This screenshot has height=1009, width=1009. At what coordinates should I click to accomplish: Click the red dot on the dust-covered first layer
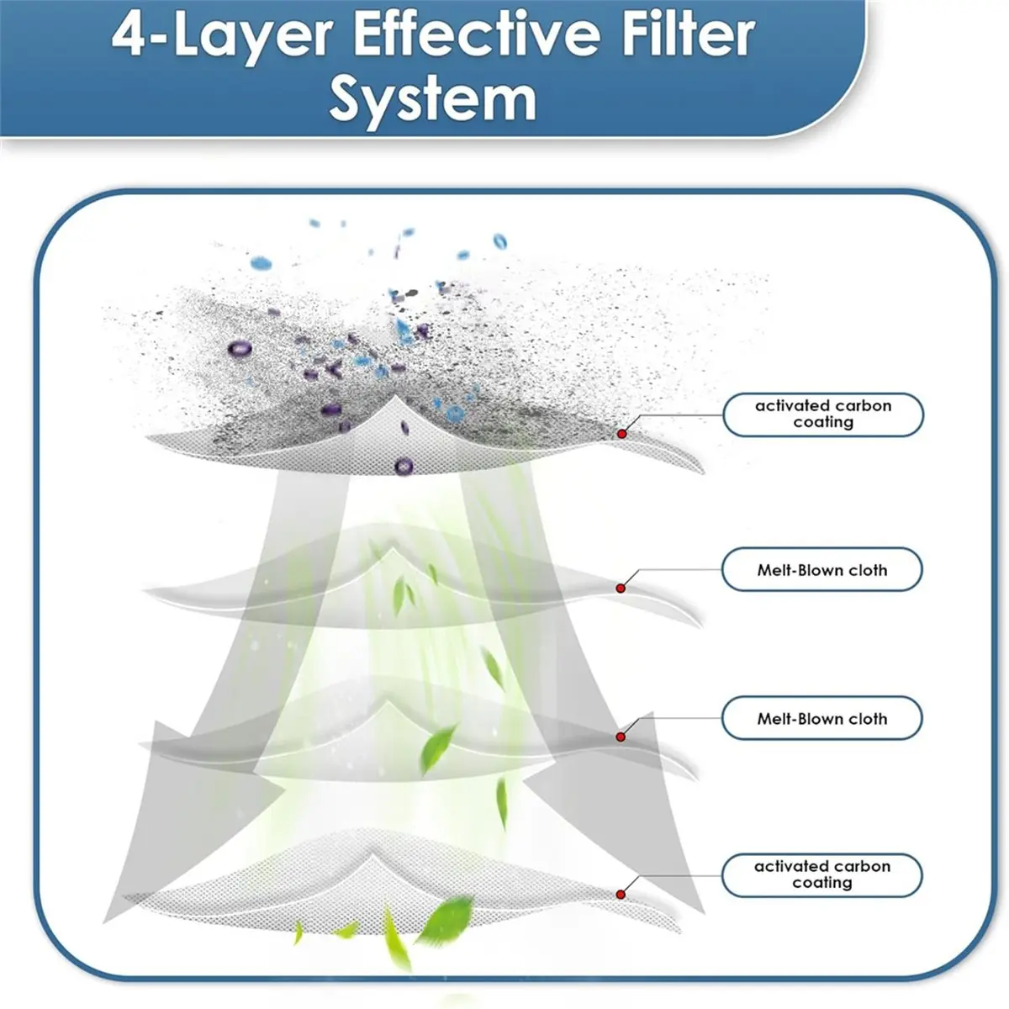621,434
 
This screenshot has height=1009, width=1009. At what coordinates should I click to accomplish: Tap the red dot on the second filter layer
621,589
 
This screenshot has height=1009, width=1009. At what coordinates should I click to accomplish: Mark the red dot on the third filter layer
621,737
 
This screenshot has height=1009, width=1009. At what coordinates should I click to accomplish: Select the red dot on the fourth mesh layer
621,895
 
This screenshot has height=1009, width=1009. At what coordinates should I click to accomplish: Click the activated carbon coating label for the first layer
823,415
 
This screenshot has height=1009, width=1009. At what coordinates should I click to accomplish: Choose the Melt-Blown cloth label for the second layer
822,570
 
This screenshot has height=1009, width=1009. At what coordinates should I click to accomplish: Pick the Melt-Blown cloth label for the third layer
822,718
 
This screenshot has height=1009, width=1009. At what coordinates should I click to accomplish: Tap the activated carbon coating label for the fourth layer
822,875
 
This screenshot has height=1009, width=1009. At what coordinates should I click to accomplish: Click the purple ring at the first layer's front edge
404,466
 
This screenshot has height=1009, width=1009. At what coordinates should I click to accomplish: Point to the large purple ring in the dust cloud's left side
240,349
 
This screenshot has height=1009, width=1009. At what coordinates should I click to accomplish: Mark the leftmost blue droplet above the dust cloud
261,263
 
